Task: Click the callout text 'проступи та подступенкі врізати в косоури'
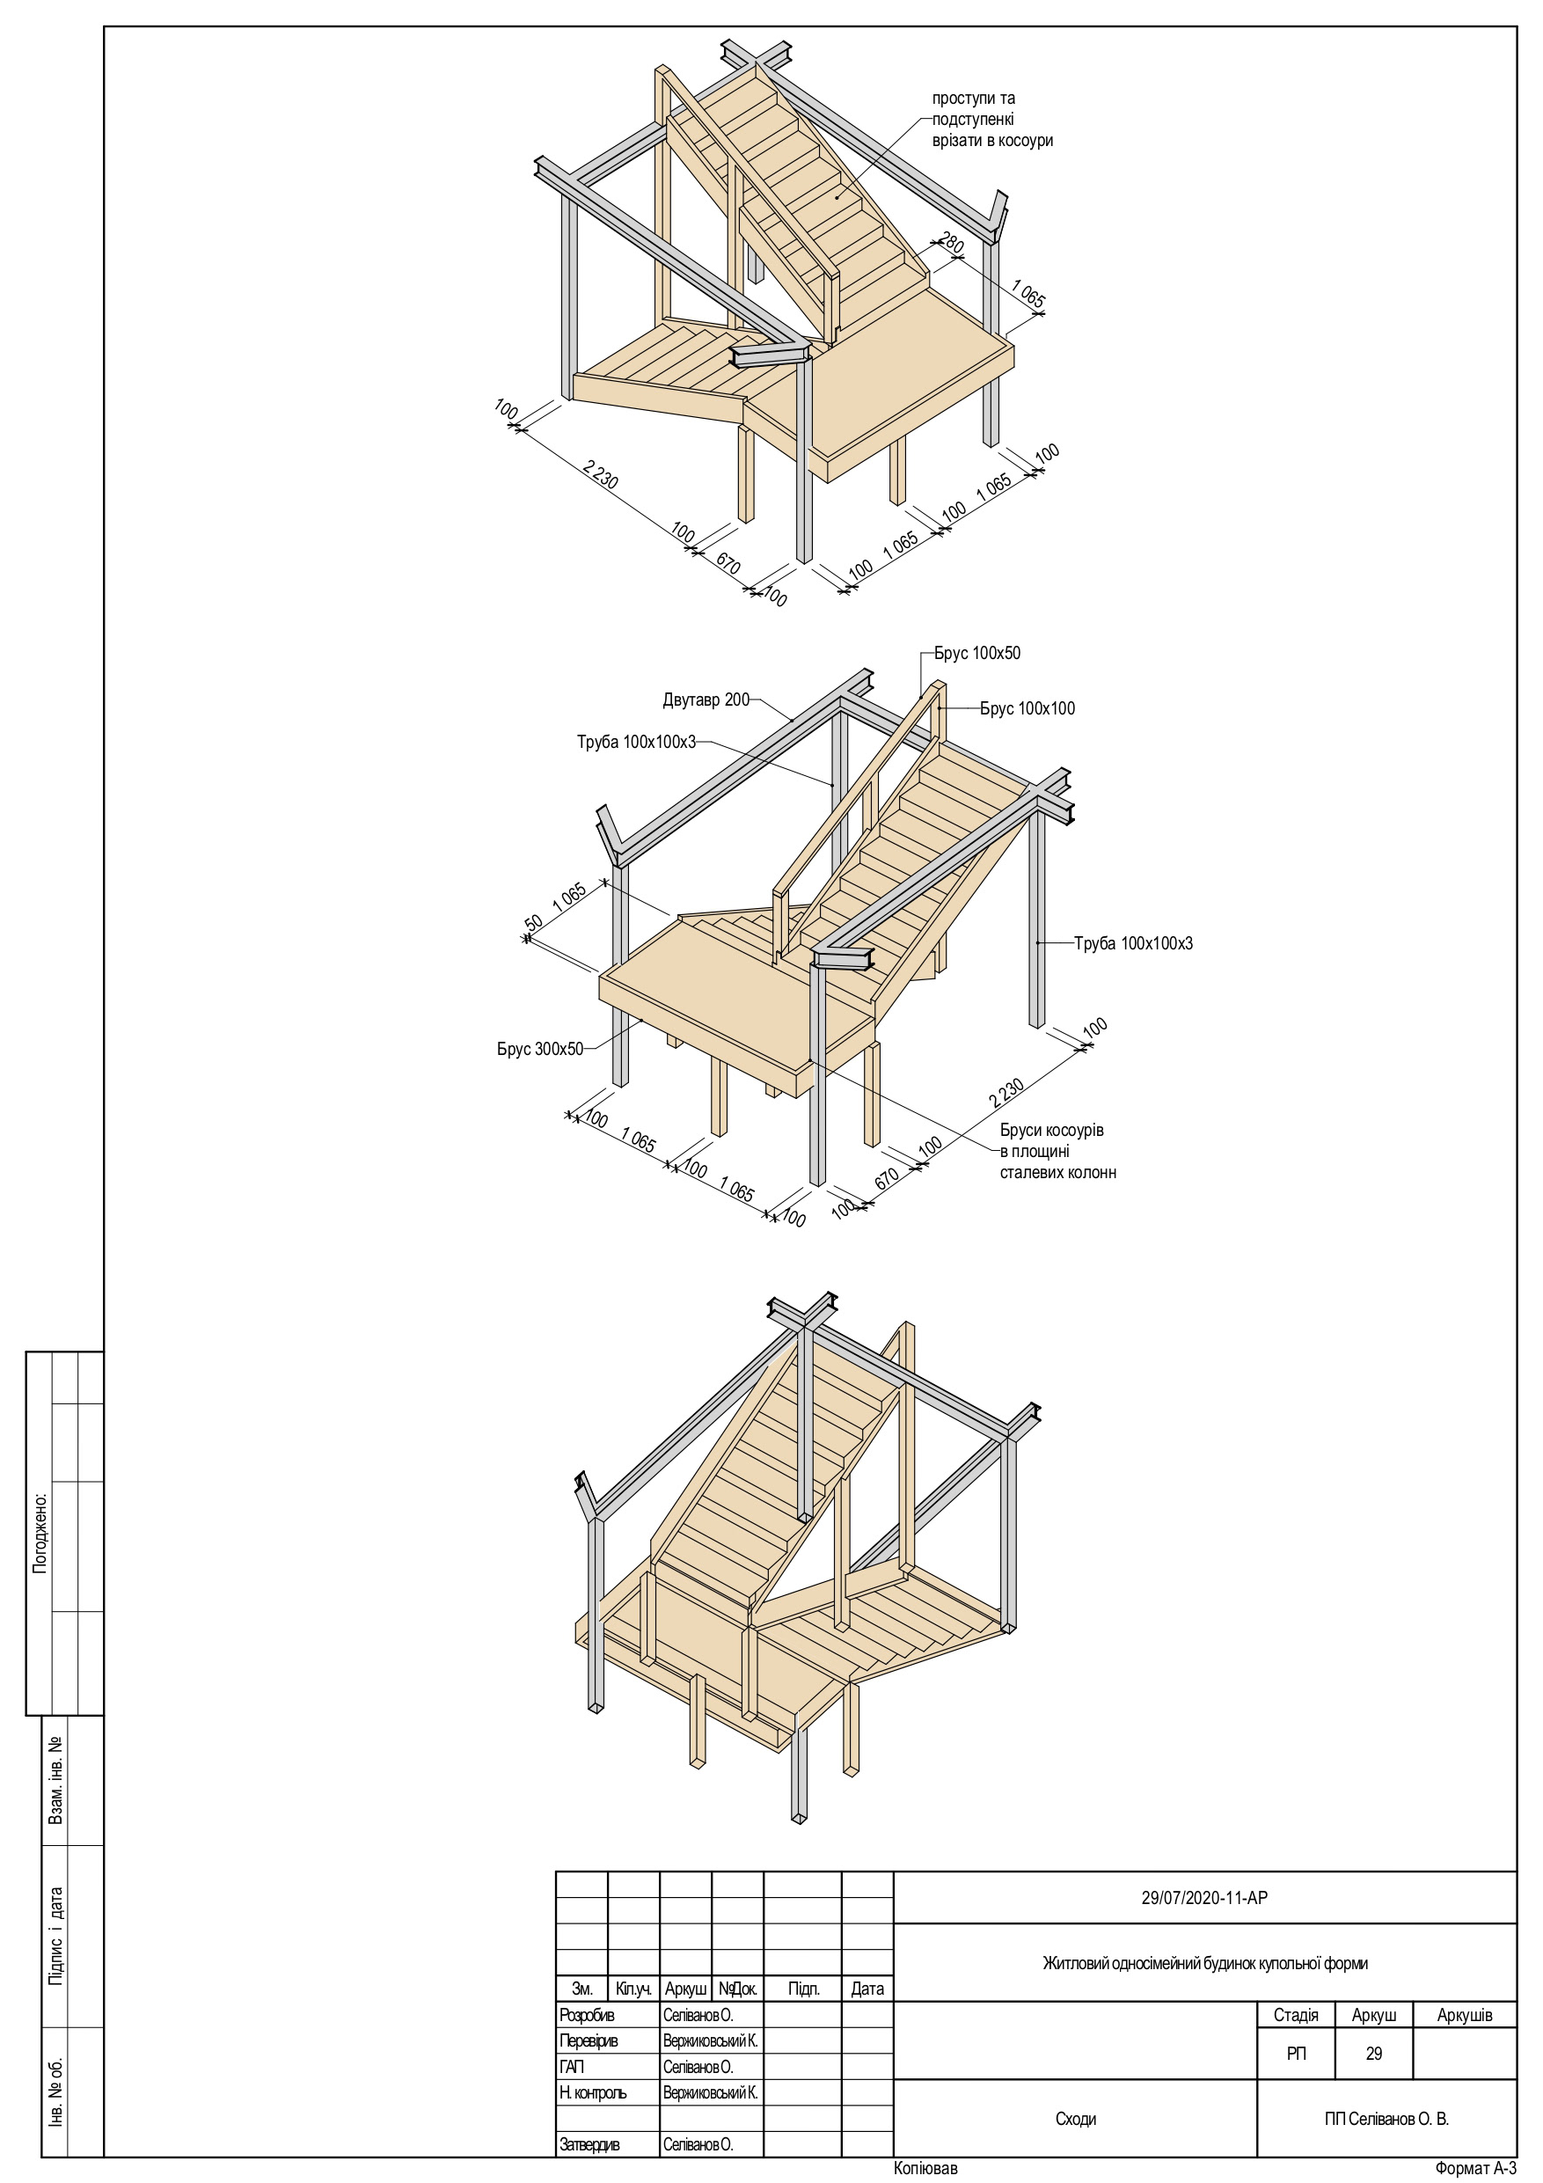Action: click(x=991, y=120)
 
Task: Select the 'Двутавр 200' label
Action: click(x=706, y=700)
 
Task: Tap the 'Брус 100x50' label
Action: click(x=976, y=653)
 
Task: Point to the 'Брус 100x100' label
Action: click(x=1027, y=708)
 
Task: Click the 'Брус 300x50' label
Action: click(x=539, y=1050)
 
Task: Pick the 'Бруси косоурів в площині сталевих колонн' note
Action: click(x=1057, y=1152)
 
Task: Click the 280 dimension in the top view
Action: click(x=951, y=243)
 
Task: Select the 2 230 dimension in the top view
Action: click(x=600, y=474)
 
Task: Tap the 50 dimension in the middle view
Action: click(x=533, y=922)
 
